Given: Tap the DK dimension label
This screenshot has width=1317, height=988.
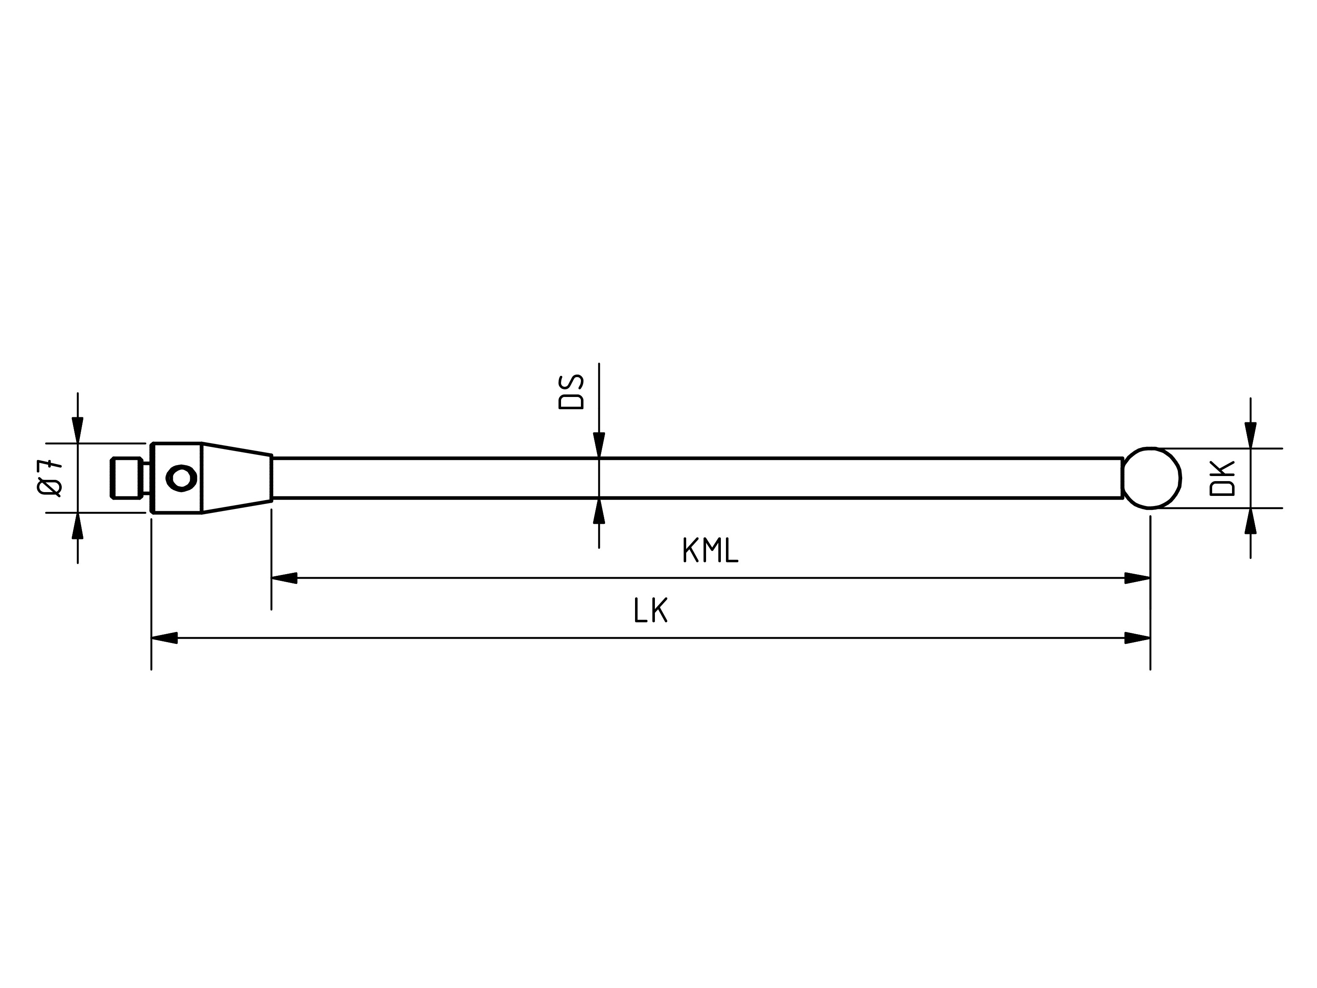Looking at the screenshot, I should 1222,479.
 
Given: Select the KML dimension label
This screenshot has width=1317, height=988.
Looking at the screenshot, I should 710,550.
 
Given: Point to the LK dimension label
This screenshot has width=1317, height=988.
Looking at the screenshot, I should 650,610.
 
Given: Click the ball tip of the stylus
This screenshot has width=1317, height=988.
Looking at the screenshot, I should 1151,478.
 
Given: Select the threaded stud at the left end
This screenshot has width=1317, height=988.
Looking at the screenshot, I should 126,478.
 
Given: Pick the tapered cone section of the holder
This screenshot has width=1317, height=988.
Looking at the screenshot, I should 236,478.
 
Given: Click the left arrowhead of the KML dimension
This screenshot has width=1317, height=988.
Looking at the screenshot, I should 284,578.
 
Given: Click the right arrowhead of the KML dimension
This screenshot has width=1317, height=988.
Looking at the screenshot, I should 1137,578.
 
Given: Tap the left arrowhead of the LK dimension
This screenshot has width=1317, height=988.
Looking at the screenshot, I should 164,638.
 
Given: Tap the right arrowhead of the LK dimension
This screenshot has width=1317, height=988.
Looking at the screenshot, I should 1137,638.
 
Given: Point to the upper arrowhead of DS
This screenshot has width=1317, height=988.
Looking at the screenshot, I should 599,445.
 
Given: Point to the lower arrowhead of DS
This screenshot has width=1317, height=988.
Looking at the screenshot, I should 599,511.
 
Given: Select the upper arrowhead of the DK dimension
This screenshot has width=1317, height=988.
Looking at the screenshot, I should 1250,435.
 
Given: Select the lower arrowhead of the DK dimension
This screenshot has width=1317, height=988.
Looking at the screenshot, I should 1250,521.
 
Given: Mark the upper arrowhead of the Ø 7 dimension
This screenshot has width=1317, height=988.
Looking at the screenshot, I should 77,430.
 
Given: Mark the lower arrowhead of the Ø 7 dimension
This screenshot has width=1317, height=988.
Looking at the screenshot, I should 77,525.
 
